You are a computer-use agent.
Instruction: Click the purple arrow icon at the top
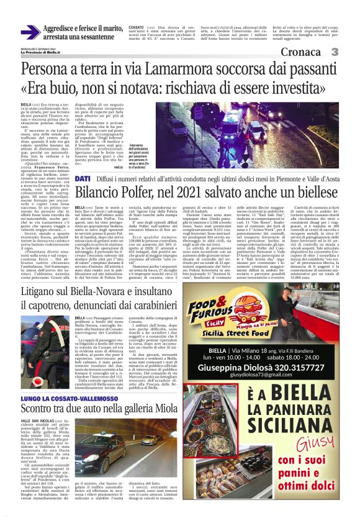[x=30, y=32]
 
